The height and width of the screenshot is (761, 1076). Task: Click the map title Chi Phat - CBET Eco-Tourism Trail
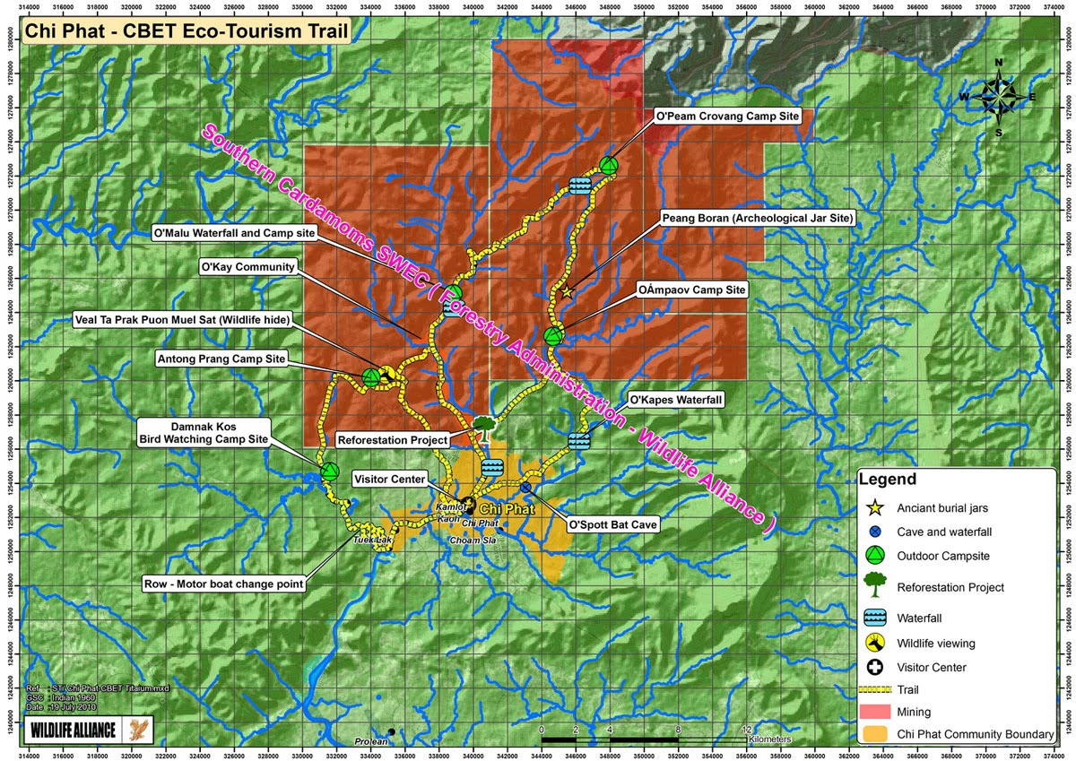pos(184,32)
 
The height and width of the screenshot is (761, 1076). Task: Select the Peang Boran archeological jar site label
pos(757,218)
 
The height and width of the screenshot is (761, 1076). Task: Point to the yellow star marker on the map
pos(566,291)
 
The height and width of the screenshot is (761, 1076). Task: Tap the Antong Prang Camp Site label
pos(221,359)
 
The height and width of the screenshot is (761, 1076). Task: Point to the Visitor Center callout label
pos(389,480)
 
